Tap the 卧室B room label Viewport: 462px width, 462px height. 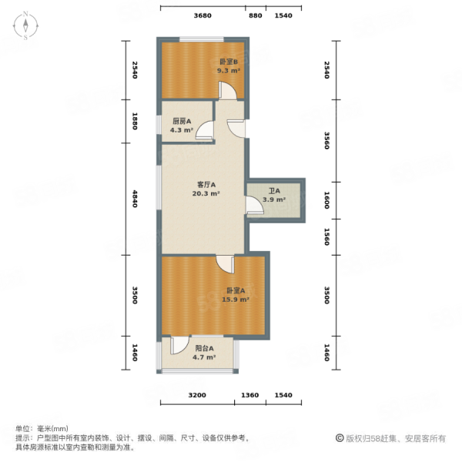tap(228, 62)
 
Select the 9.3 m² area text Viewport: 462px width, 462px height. tap(228, 70)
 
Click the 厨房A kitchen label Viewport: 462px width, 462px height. tap(182, 121)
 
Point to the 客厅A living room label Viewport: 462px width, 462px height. tap(206, 185)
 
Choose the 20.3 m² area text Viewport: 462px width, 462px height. tap(206, 194)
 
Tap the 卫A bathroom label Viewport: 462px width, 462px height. tap(273, 191)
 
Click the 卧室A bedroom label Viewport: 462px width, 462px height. tap(236, 290)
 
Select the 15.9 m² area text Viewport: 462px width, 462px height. tap(236, 300)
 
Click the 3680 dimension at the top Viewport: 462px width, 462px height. tap(203, 15)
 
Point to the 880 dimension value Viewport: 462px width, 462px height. tap(256, 15)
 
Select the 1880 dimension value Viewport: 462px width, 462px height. tap(134, 122)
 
